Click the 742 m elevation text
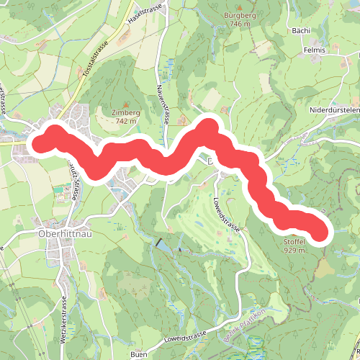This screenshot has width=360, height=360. (125, 122)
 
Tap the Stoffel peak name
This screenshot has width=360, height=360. (295, 242)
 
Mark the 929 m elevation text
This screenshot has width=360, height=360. (295, 251)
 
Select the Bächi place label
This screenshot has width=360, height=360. (301, 31)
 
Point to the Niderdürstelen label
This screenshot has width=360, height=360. (333, 110)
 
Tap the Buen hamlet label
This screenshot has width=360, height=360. (140, 355)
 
